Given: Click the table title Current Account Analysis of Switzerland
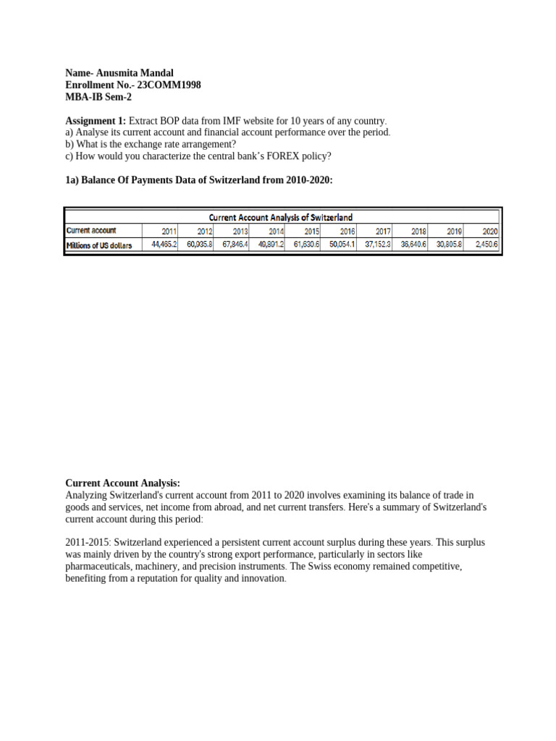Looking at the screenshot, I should (281, 216).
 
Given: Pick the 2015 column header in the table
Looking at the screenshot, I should (311, 231).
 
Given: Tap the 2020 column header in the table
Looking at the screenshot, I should (489, 231).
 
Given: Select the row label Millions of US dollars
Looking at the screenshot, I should (99, 245).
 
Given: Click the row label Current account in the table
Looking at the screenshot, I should (91, 231).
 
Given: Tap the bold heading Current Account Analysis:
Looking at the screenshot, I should (122, 483).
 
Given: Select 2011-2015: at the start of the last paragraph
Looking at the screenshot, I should (88, 542).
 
